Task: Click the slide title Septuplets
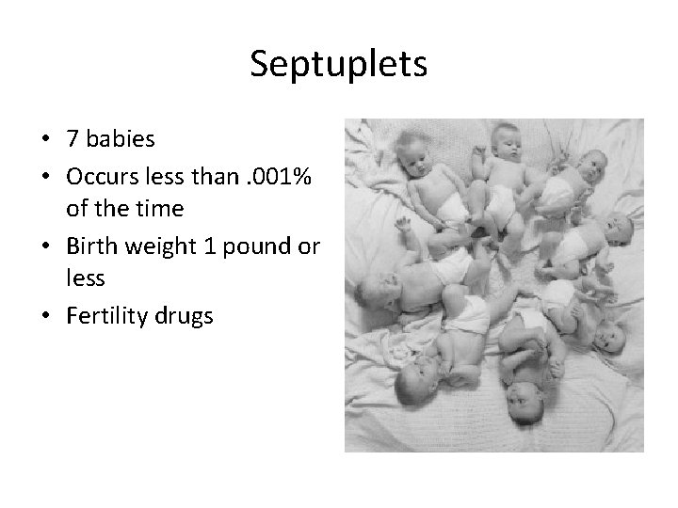339,64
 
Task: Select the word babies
118,140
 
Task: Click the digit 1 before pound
209,246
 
